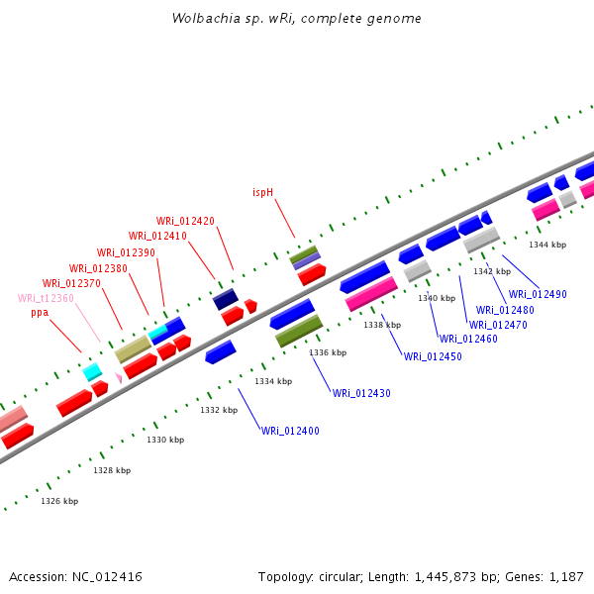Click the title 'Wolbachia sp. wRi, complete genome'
(296, 19)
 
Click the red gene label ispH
(262, 192)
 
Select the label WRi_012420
(185, 221)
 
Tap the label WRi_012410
(157, 236)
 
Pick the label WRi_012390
(126, 252)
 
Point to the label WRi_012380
(98, 268)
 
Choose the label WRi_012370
(71, 283)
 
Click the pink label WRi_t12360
(46, 298)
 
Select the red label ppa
(40, 313)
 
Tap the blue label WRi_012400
(291, 431)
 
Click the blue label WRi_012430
(361, 393)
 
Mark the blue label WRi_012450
(433, 356)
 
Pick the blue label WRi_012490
(538, 294)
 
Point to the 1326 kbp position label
(59, 501)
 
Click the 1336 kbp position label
(328, 352)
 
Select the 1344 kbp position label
(547, 245)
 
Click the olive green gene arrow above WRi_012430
(299, 331)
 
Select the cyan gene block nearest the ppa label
(92, 372)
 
